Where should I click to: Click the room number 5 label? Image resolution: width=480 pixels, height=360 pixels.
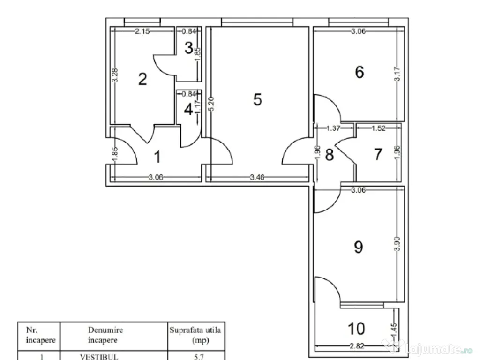[257, 99]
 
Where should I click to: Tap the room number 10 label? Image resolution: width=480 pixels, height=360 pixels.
[356, 329]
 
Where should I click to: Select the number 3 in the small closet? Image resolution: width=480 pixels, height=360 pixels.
[188, 48]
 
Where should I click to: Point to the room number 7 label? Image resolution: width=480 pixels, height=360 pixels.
[378, 154]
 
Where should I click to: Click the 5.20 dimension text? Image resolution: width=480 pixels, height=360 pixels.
[211, 104]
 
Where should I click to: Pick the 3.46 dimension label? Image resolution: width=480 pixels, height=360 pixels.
[257, 177]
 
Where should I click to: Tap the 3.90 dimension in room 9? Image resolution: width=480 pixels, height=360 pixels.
[397, 244]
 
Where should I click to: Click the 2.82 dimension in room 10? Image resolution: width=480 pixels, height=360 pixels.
[357, 346]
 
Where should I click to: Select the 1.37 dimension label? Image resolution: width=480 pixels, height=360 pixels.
[333, 128]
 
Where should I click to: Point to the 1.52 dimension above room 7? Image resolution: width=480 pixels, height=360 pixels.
[378, 128]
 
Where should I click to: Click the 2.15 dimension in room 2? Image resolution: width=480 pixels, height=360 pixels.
[142, 31]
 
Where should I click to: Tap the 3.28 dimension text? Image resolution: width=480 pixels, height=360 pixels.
[115, 75]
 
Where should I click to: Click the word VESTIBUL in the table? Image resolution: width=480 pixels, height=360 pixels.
[99, 357]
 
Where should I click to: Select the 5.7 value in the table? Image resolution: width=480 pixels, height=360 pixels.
[199, 357]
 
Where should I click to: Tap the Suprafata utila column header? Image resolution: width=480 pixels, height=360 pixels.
[195, 335]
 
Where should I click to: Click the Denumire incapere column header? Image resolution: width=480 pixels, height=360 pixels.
[105, 335]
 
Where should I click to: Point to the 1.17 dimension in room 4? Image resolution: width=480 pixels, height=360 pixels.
[197, 108]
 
